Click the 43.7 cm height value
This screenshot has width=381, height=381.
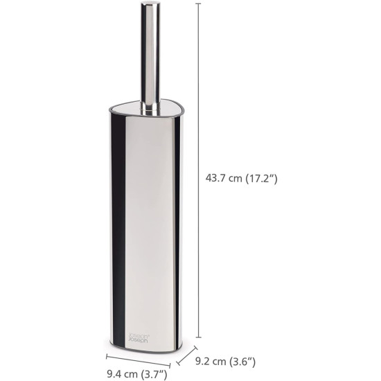pos(224,178)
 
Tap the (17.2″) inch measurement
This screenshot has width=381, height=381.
pos(261,179)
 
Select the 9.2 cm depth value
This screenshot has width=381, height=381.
pos(211,362)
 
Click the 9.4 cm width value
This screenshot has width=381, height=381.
pos(122,374)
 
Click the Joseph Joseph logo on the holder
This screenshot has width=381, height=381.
pos(139,338)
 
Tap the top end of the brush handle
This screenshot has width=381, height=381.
pos(150,3)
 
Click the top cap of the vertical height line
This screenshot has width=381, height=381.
pos(199,3)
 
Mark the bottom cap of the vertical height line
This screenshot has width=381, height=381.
pos(199,337)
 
